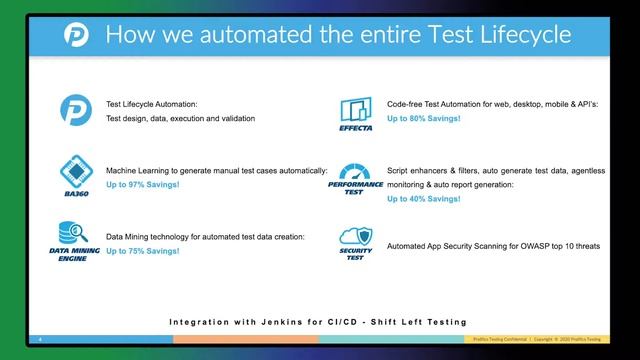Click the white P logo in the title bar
pos(75,36)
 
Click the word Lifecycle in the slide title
pos(518,36)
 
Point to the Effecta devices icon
pos(356,109)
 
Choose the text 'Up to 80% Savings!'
pos(424,118)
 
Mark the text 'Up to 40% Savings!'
pos(424,199)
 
